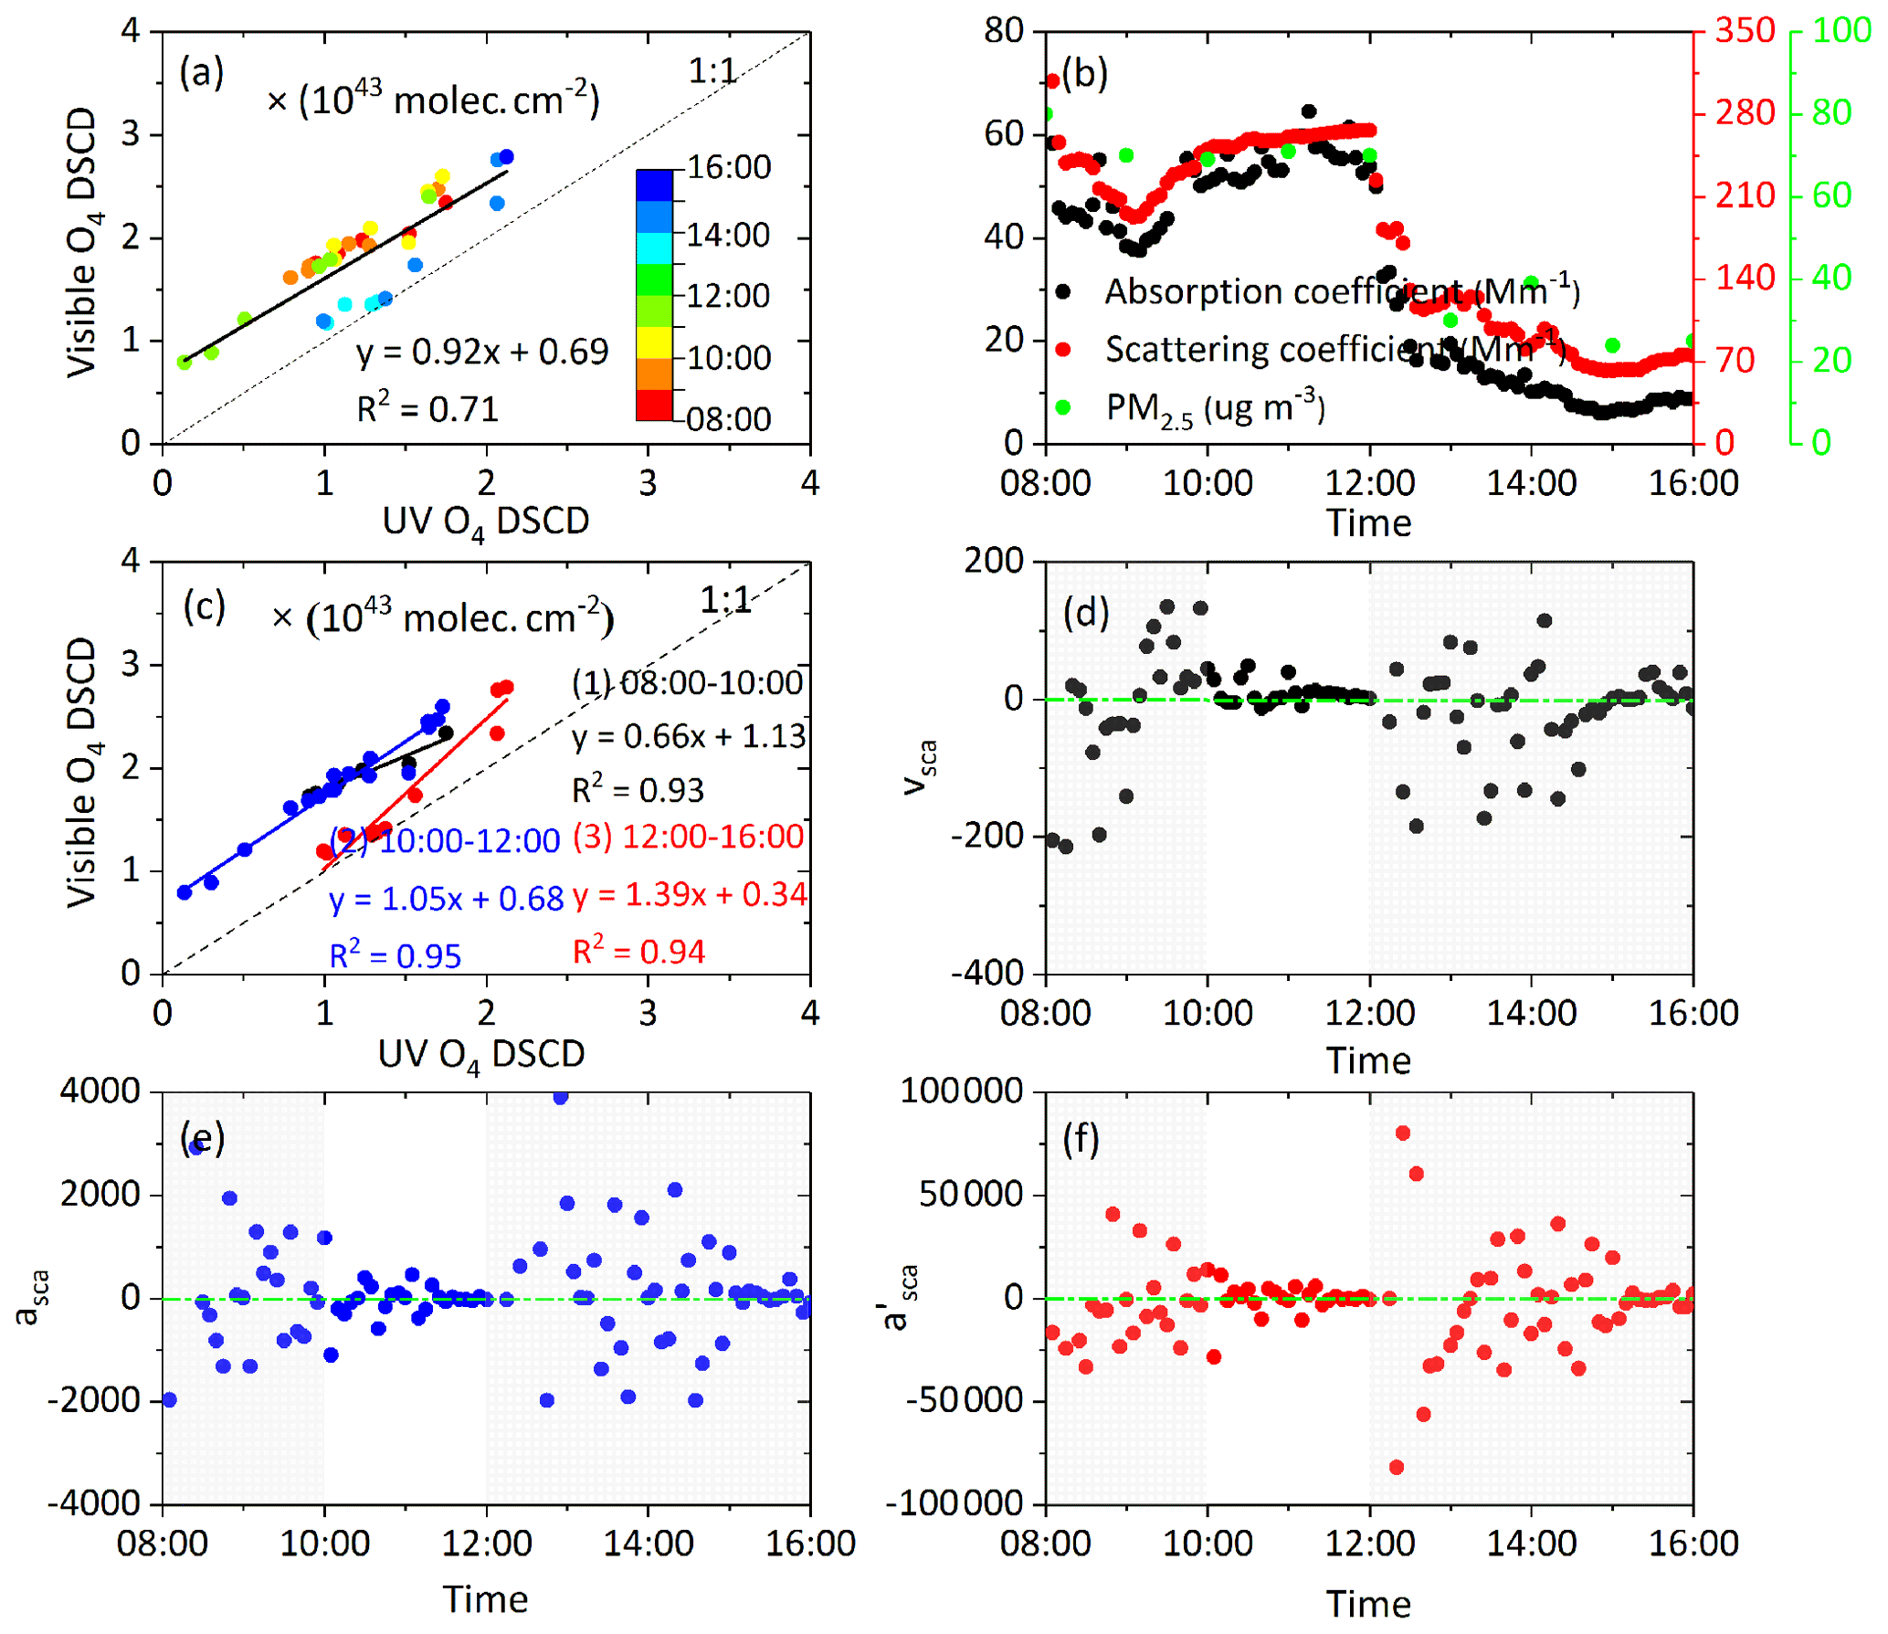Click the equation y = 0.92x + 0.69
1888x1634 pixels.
(482, 352)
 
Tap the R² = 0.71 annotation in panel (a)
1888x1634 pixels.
(427, 408)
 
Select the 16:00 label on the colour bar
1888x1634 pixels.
(729, 167)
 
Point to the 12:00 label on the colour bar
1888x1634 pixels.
(729, 296)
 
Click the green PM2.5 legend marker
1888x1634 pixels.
(1063, 407)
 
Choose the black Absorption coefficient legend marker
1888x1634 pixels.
(1063, 292)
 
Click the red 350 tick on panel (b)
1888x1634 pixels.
(1745, 31)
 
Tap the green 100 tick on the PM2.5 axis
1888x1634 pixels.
(1841, 31)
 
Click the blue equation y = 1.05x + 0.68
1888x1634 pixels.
(447, 899)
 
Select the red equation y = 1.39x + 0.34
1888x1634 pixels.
(691, 894)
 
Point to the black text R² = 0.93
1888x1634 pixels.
(638, 790)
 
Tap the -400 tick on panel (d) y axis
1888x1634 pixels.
(987, 974)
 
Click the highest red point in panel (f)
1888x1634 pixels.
(1403, 1133)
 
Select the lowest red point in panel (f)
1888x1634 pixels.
(1397, 1467)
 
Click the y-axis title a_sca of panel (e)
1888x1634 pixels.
(30, 1297)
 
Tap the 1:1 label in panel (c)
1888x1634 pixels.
(725, 600)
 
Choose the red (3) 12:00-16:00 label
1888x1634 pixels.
(689, 837)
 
